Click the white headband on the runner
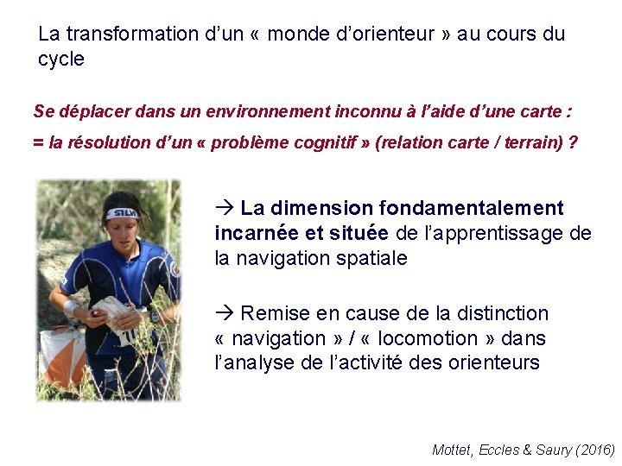pos(122,211)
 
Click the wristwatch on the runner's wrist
pos(153,316)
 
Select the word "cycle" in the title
pos(61,60)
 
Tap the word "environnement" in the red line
pos(274,111)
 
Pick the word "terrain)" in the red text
pos(532,143)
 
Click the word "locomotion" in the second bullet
pos(428,338)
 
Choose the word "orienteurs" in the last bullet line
pos(494,363)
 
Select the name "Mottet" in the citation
pos(452,450)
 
